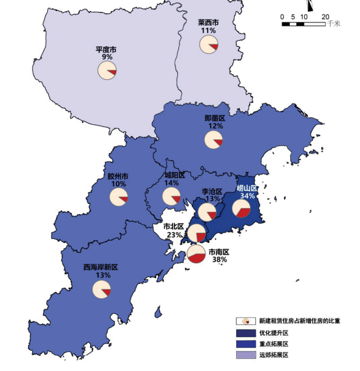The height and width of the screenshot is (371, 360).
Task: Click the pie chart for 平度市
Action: pyautogui.click(x=107, y=71)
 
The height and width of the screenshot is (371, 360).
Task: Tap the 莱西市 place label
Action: pyautogui.click(x=208, y=22)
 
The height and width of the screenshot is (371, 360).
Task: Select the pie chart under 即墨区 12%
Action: pyautogui.click(x=214, y=139)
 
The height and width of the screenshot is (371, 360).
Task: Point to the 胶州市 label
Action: pyautogui.click(x=118, y=176)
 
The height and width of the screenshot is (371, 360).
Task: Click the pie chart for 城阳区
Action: pyautogui.click(x=171, y=196)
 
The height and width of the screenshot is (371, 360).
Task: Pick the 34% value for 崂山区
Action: pyautogui.click(x=247, y=196)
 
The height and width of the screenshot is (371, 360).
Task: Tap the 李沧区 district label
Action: pyautogui.click(x=212, y=191)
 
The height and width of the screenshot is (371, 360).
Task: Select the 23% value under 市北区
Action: pyautogui.click(x=174, y=234)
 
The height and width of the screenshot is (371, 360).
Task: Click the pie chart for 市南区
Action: pyautogui.click(x=196, y=255)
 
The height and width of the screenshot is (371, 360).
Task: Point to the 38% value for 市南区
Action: pyautogui.click(x=219, y=260)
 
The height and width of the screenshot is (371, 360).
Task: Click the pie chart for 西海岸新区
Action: pyautogui.click(x=101, y=289)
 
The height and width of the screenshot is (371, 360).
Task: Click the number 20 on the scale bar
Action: pyautogui.click(x=325, y=17)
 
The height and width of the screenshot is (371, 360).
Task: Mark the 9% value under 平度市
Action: pyautogui.click(x=107, y=57)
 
